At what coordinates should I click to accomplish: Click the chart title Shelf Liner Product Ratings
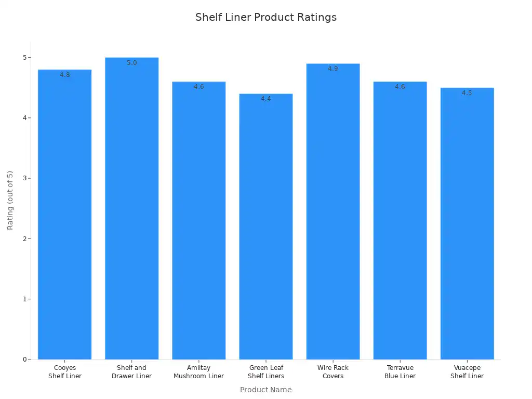click(x=266, y=17)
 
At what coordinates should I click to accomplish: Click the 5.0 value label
click(x=132, y=63)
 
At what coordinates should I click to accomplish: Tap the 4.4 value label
click(x=266, y=99)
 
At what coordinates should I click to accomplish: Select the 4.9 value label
click(x=333, y=69)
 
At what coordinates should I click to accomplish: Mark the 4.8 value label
click(x=65, y=75)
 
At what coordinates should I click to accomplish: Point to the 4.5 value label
click(x=467, y=93)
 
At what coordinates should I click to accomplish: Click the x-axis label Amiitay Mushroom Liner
click(x=199, y=372)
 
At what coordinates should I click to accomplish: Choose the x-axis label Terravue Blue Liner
click(x=400, y=372)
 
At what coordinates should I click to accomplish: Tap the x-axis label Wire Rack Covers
click(x=333, y=372)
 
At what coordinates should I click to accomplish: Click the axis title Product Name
click(x=266, y=390)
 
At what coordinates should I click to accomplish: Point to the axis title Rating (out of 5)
click(x=10, y=200)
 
